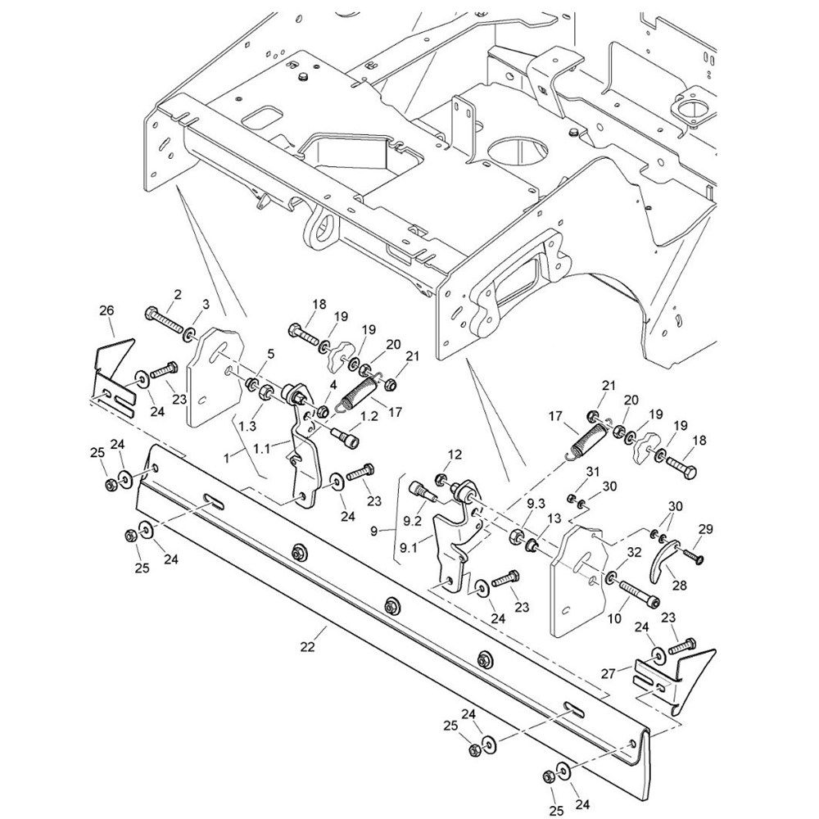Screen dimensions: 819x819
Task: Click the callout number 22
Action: [308, 648]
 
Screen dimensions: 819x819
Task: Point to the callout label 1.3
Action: [247, 428]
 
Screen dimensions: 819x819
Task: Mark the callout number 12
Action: [455, 455]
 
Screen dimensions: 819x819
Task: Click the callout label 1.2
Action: [369, 417]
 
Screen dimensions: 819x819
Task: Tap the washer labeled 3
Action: [190, 333]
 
